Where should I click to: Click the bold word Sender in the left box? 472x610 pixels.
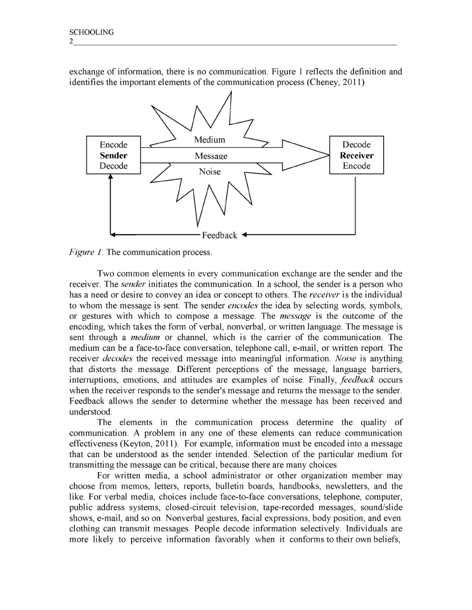[x=113, y=155]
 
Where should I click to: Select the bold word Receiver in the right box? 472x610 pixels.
[x=356, y=155]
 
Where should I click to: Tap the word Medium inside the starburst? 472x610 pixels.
[x=210, y=140]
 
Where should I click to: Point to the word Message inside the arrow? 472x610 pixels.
[x=211, y=156]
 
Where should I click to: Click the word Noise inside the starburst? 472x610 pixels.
[x=210, y=171]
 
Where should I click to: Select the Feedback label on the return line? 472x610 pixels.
[x=219, y=235]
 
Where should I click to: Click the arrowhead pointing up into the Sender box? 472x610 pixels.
[x=110, y=177]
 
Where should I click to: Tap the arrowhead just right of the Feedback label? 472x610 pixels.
[x=245, y=235]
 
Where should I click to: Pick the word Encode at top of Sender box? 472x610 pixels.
[x=113, y=145]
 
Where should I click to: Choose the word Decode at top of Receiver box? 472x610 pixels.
[x=356, y=145]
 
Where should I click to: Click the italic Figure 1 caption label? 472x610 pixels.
[x=86, y=252]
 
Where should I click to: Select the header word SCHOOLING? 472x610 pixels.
[x=91, y=32]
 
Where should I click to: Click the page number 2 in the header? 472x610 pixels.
[x=71, y=41]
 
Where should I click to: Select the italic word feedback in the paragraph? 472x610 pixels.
[x=357, y=380]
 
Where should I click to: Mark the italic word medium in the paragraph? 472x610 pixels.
[x=145, y=337]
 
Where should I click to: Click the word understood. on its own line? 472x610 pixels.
[x=91, y=412]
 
